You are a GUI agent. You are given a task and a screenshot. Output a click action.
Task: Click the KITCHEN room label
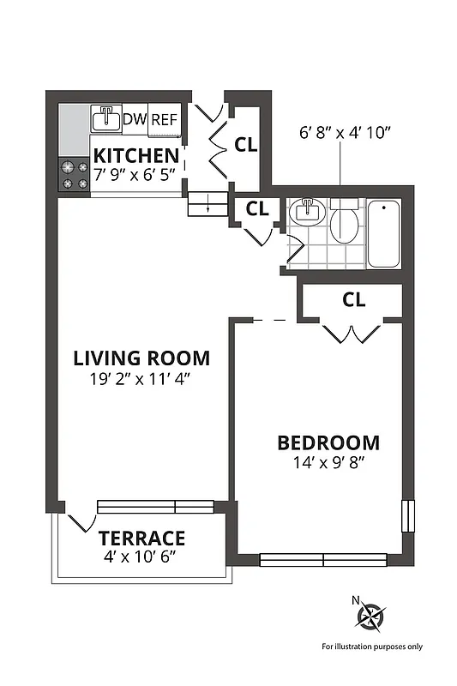click(x=136, y=156)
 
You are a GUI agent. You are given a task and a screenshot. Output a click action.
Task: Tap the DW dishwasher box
click(x=135, y=119)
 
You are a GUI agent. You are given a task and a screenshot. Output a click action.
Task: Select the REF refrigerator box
click(x=164, y=120)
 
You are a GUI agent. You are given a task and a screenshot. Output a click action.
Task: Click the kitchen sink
click(x=106, y=119)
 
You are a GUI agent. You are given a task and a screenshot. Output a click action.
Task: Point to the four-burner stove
click(x=74, y=175)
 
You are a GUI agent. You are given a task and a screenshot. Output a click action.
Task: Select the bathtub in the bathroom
click(x=383, y=233)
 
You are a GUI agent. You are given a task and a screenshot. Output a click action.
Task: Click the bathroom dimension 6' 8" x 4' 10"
click(x=345, y=133)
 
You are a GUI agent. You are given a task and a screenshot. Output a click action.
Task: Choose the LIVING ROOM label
click(x=141, y=358)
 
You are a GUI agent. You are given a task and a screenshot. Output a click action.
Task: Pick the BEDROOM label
click(x=328, y=443)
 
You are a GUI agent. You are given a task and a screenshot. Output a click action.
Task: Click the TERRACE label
click(x=141, y=539)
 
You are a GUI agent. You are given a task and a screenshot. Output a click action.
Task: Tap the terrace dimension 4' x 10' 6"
click(x=141, y=557)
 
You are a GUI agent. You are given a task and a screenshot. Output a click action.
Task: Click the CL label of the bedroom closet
click(x=353, y=300)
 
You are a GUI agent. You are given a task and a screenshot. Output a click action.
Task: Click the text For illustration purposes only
click(x=371, y=647)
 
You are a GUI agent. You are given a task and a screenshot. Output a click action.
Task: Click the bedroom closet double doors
click(x=350, y=333)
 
